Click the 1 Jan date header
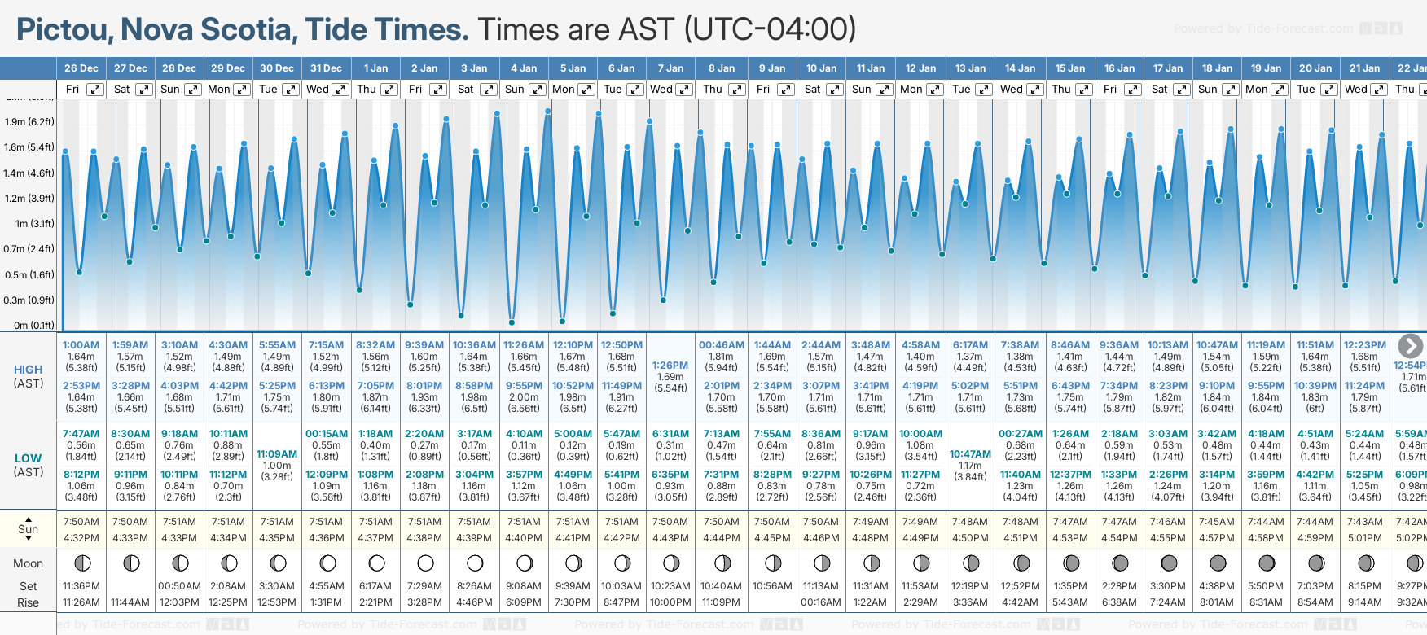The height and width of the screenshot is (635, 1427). [x=375, y=68]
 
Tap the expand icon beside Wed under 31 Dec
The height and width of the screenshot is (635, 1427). [x=340, y=90]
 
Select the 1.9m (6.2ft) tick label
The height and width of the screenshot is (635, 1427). [x=29, y=122]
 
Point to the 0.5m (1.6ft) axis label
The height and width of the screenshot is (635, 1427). [x=29, y=275]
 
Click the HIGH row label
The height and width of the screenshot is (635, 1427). [x=29, y=370]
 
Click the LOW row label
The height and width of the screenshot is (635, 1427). [x=29, y=458]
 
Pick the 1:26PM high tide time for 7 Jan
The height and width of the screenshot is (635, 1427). [x=670, y=366]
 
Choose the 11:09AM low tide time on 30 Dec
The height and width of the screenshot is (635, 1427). [x=277, y=454]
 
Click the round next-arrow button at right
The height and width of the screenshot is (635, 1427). [x=1410, y=345]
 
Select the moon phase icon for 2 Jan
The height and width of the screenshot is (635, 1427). [x=425, y=563]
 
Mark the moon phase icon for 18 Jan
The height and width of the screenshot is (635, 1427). [x=1218, y=563]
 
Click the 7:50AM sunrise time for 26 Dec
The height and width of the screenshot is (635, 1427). [x=81, y=522]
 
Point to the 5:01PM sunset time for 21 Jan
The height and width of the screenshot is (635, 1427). [x=1364, y=538]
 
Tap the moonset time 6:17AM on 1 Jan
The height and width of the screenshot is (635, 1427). [x=375, y=586]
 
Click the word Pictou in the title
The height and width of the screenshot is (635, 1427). [x=64, y=30]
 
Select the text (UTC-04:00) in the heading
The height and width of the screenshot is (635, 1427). [x=770, y=30]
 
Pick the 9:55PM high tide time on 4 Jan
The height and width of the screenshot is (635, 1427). [x=524, y=386]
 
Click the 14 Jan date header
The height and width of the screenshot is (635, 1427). [x=1020, y=68]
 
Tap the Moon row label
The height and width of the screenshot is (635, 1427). [x=29, y=563]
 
